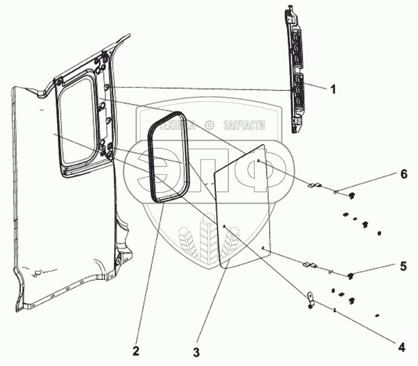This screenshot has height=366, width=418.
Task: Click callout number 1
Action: coord(332,89)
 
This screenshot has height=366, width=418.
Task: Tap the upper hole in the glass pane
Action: coord(259,162)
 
